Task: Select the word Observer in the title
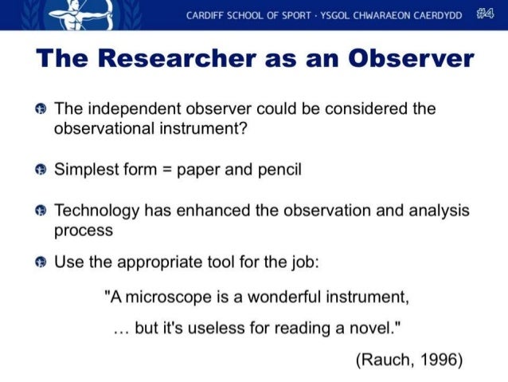tap(407, 59)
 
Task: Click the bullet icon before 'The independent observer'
tap(40, 108)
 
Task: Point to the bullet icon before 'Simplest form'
tap(40, 169)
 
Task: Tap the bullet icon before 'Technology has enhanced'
tap(40, 211)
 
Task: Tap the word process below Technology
tap(83, 230)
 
